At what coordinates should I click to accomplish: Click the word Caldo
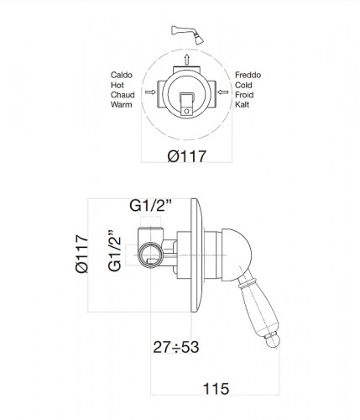tap(122, 75)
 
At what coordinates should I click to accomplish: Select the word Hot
tap(117, 85)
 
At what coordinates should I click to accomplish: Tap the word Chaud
tap(123, 95)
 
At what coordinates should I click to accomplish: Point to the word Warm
tap(121, 105)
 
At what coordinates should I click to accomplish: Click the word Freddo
tap(248, 75)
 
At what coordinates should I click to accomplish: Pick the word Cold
tap(243, 85)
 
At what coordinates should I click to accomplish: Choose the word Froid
tap(244, 95)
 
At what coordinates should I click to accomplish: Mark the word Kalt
tap(242, 105)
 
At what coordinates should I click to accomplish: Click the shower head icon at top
tap(187, 34)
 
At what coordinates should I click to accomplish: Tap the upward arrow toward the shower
tap(187, 60)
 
